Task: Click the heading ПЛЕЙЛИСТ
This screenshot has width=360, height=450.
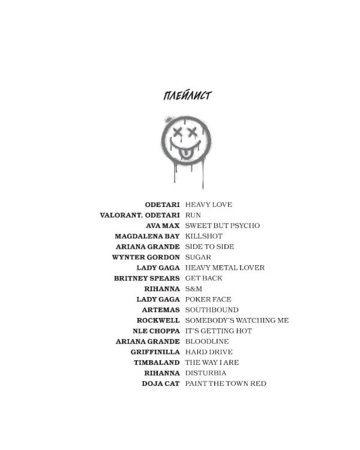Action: [x=187, y=95]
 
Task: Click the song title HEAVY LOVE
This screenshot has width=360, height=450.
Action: [x=209, y=205]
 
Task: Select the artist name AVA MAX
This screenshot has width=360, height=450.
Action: [x=163, y=226]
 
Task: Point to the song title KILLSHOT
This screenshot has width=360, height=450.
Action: [x=204, y=236]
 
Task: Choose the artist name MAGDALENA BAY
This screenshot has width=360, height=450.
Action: [x=147, y=236]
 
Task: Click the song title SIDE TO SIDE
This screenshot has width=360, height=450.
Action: [x=209, y=247]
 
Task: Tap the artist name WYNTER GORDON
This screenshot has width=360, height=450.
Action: [x=146, y=257]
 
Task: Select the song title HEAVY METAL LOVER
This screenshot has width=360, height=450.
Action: [x=225, y=268]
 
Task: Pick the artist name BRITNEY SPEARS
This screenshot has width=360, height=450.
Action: [x=146, y=278]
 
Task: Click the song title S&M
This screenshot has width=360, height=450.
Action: [x=193, y=289]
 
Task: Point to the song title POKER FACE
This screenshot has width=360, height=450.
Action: [x=208, y=299]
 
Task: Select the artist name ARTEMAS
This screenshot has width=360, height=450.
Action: [x=161, y=310]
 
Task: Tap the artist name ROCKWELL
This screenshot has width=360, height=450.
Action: [x=158, y=320]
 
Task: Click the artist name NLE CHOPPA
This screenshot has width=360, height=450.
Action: [x=156, y=331]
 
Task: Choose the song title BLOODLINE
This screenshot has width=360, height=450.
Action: [x=207, y=341]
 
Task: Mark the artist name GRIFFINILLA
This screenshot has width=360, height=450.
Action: [x=155, y=352]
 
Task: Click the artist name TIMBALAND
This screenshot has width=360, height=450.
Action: [x=157, y=362]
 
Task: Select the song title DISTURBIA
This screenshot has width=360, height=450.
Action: [x=206, y=373]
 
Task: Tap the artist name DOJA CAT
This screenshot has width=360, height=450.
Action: [x=161, y=384]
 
